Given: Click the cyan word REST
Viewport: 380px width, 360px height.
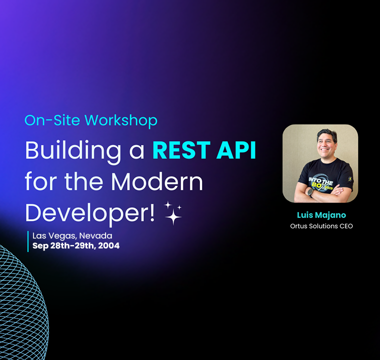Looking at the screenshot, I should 181,150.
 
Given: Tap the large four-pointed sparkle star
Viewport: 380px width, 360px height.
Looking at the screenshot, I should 173,216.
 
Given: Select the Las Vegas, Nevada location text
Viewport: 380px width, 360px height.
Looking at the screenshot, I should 72,235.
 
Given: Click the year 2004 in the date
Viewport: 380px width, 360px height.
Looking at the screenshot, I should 108,246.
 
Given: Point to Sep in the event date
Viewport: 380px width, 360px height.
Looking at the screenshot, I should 40,246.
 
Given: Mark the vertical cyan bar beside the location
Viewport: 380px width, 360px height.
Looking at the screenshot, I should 28,241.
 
